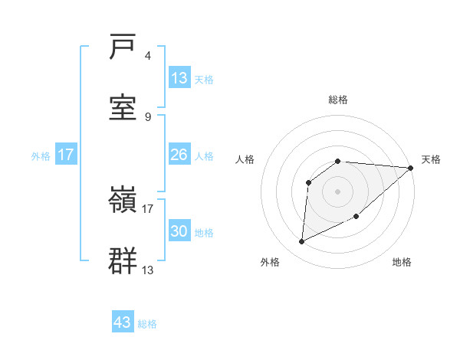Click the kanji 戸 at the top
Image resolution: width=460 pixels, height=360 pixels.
point(124,48)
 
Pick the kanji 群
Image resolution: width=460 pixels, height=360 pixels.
point(124,260)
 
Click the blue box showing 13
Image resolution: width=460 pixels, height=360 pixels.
point(179,78)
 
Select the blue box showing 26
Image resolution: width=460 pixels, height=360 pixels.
point(179,155)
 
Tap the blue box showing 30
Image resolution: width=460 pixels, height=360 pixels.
point(179,231)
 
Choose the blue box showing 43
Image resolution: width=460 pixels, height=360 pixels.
point(123,322)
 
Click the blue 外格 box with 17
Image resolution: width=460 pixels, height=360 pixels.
point(66,155)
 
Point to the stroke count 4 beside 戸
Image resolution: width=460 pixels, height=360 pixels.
point(147,56)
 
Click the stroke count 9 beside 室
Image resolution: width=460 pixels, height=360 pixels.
point(147,116)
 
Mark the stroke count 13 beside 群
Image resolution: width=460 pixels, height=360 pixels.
point(148,270)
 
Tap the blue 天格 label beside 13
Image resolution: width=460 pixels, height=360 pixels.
point(204,79)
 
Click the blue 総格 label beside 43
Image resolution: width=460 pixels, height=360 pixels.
point(147,324)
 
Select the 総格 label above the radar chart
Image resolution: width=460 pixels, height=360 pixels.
point(338,100)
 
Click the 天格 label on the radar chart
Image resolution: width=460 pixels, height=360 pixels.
point(431,159)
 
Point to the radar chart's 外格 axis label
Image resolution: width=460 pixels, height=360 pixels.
point(270,262)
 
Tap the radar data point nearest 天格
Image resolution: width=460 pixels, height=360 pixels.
point(411,168)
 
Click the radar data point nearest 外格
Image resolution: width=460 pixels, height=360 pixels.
point(301,242)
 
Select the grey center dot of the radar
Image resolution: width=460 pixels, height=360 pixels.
point(338,191)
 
